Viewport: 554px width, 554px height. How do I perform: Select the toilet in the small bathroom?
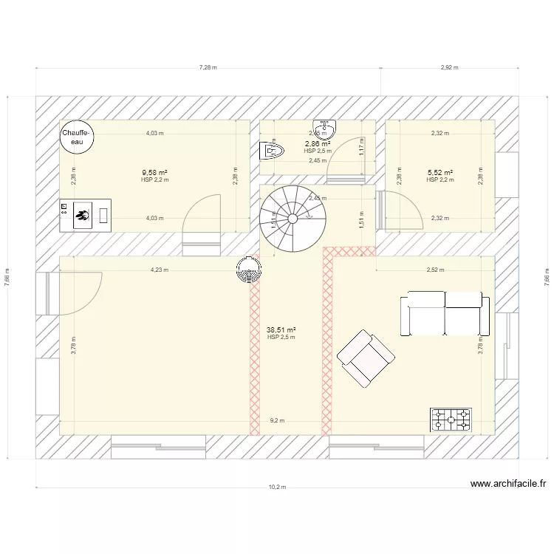pos(272,151)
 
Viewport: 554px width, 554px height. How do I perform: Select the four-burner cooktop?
pos(451,419)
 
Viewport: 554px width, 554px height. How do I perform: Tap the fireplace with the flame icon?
pos(84,214)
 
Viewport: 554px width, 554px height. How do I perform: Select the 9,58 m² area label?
pos(154,173)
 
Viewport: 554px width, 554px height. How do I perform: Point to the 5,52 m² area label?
pos(440,173)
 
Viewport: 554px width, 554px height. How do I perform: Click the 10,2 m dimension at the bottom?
pos(277,488)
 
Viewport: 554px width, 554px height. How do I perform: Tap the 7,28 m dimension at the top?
pos(208,67)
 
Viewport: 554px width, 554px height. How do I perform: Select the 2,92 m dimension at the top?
pos(449,67)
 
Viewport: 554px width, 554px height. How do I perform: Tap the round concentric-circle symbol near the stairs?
pos(248,270)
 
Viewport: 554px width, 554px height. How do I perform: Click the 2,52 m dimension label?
pos(435,270)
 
